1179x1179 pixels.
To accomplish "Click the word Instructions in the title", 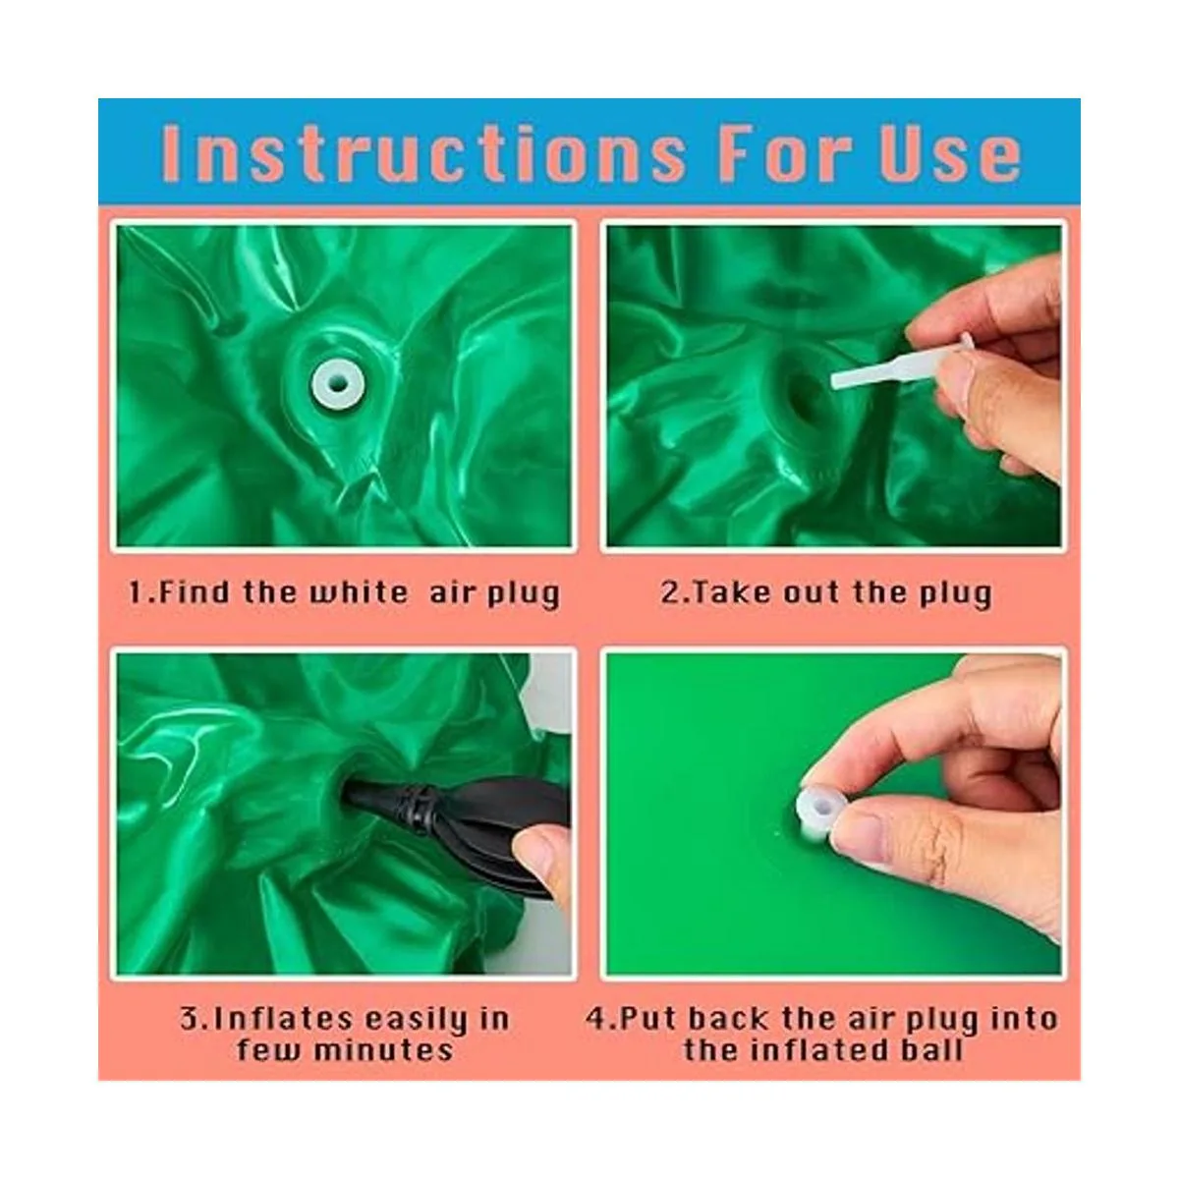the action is point(423,153).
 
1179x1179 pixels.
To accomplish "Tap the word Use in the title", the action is point(949,153).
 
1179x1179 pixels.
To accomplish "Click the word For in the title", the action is point(786,153).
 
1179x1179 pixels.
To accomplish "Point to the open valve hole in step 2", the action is point(803,397).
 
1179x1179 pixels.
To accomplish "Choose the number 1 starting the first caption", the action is point(137,592).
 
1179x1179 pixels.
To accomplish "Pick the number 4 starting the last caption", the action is point(596,1019).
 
